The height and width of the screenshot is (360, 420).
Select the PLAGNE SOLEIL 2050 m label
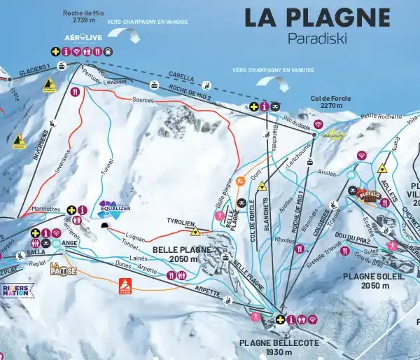click(374, 281)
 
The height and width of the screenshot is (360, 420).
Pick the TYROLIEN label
click(179, 222)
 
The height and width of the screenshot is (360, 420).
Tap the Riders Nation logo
click(17, 290)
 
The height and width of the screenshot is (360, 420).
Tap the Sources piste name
click(142, 101)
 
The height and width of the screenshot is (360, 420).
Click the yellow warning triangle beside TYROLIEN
click(195, 231)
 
